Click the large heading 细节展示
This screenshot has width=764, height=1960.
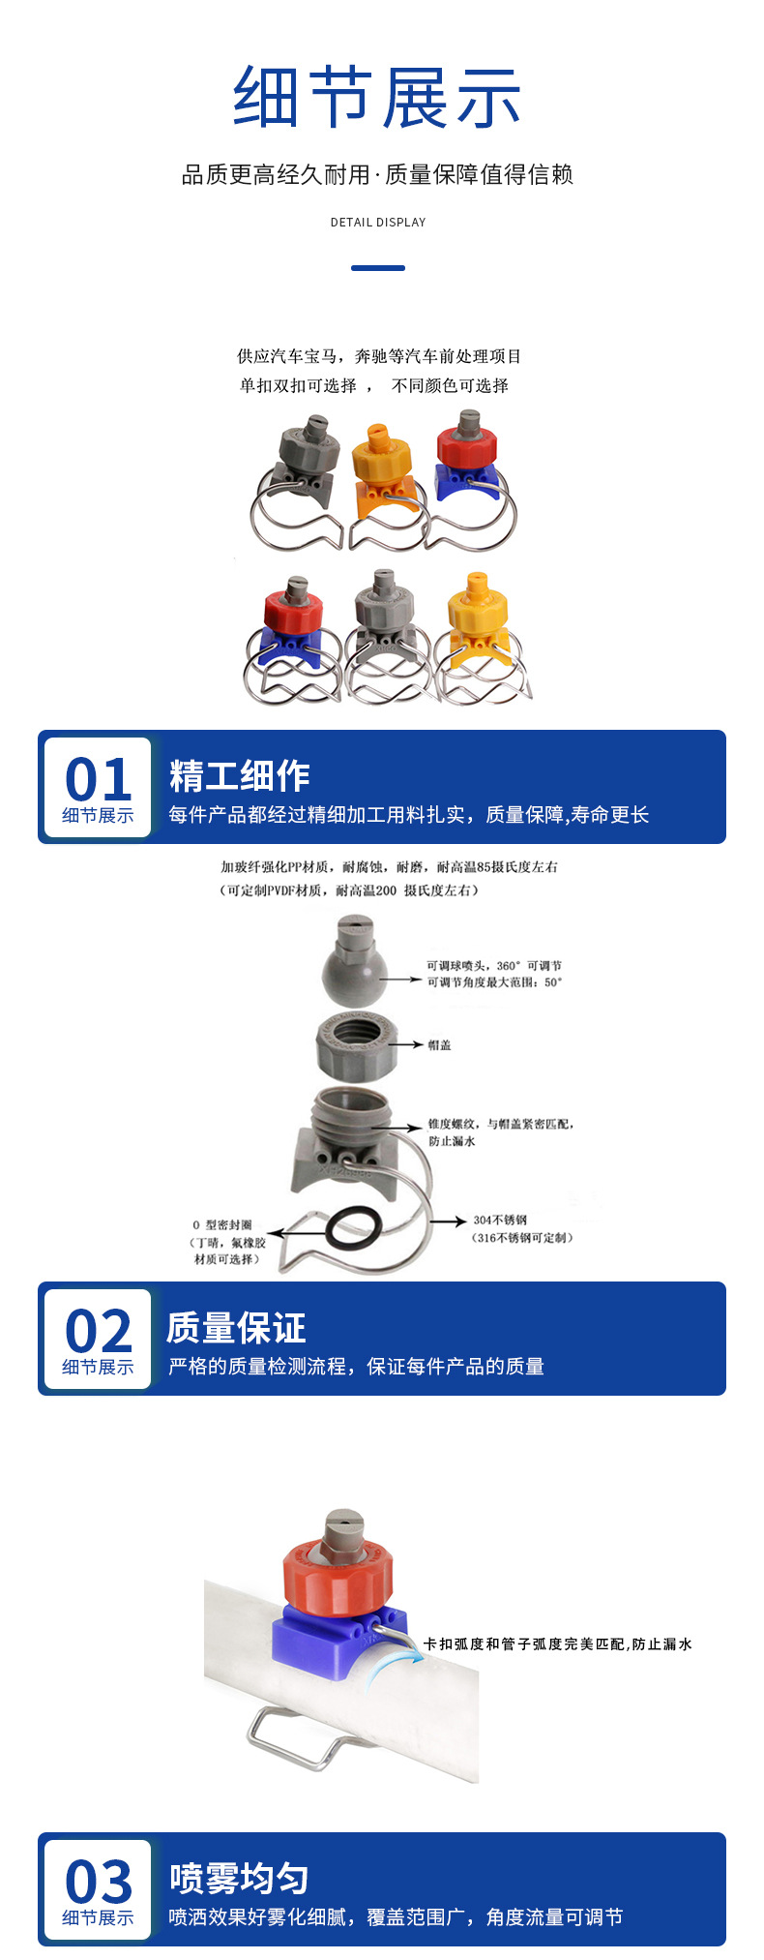point(377,98)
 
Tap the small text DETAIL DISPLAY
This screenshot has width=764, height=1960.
point(378,223)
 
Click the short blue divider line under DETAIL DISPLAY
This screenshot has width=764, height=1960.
point(378,268)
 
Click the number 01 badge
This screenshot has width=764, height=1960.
point(98,779)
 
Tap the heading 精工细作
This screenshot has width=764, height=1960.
point(239,776)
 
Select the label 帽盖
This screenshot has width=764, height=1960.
point(439,1045)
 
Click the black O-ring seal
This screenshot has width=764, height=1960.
point(350,1228)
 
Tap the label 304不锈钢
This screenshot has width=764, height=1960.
point(500,1221)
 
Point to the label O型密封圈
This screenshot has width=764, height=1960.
point(223,1225)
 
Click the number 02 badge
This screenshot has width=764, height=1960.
point(98,1331)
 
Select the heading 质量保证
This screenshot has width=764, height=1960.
point(236,1328)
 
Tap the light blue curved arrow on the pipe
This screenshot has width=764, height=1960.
point(394,1665)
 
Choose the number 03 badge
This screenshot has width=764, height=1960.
point(98,1882)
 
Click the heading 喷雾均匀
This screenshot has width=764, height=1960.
point(239,1879)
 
